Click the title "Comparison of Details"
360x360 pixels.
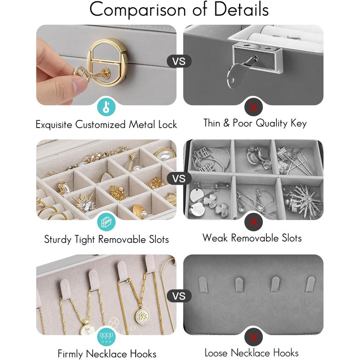coord(179,10)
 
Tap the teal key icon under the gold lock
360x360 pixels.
coord(106,107)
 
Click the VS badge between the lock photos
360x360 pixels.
coord(179,61)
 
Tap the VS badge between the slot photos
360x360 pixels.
coord(179,178)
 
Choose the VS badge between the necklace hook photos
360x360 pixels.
coord(179,296)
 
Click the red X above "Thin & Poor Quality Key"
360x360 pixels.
coord(253,107)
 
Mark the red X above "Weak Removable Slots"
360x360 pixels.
coord(253,222)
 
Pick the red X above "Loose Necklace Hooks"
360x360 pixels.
coord(253,337)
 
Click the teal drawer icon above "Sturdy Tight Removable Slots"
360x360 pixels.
coord(106,222)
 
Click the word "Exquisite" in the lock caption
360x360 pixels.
coord(53,124)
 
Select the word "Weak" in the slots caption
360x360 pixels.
coord(215,238)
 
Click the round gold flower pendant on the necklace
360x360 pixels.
coord(142,316)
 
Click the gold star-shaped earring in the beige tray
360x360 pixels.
coord(133,160)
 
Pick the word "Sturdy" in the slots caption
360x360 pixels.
coord(58,240)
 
